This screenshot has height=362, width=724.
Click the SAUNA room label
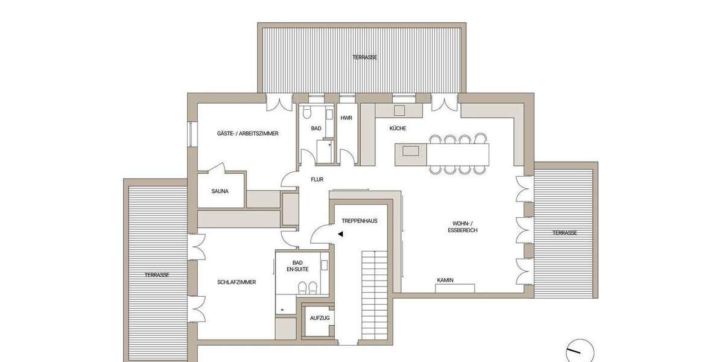tap(220, 191)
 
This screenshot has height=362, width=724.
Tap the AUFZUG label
tap(318, 318)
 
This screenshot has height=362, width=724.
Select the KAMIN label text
tap(446, 280)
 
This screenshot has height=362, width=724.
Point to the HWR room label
tap(346, 118)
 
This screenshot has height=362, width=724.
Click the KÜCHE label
tap(398, 129)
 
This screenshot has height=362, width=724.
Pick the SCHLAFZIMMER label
tap(237, 282)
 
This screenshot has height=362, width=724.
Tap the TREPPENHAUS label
tap(359, 221)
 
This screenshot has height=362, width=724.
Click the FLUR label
tap(317, 179)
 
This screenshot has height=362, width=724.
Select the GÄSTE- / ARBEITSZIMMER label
tap(247, 133)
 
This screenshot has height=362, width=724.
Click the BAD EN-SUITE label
tap(297, 265)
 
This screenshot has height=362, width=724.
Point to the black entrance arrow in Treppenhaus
tap(341, 234)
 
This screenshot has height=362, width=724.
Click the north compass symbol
tap(579, 350)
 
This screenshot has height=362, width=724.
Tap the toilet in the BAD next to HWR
tap(306, 113)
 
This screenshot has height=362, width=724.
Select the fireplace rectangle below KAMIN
tap(455, 288)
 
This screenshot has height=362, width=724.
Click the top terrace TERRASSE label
tap(365, 57)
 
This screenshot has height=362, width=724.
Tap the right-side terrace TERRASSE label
tap(565, 233)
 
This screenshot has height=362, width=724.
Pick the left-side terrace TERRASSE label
tap(156, 275)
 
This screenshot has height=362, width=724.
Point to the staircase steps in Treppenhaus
tap(374, 296)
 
